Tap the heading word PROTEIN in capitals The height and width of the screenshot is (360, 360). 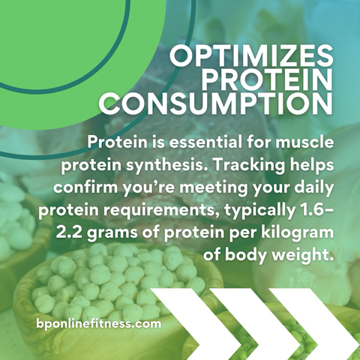click(x=267, y=79)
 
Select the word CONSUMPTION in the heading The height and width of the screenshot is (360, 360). click(x=216, y=104)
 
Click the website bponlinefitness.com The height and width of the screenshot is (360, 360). click(x=99, y=324)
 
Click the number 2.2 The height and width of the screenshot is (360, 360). click(x=69, y=232)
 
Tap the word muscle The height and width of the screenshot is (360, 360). click(x=304, y=142)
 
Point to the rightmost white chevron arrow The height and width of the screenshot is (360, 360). click(x=314, y=324)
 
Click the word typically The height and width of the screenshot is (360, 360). click(x=257, y=211)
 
